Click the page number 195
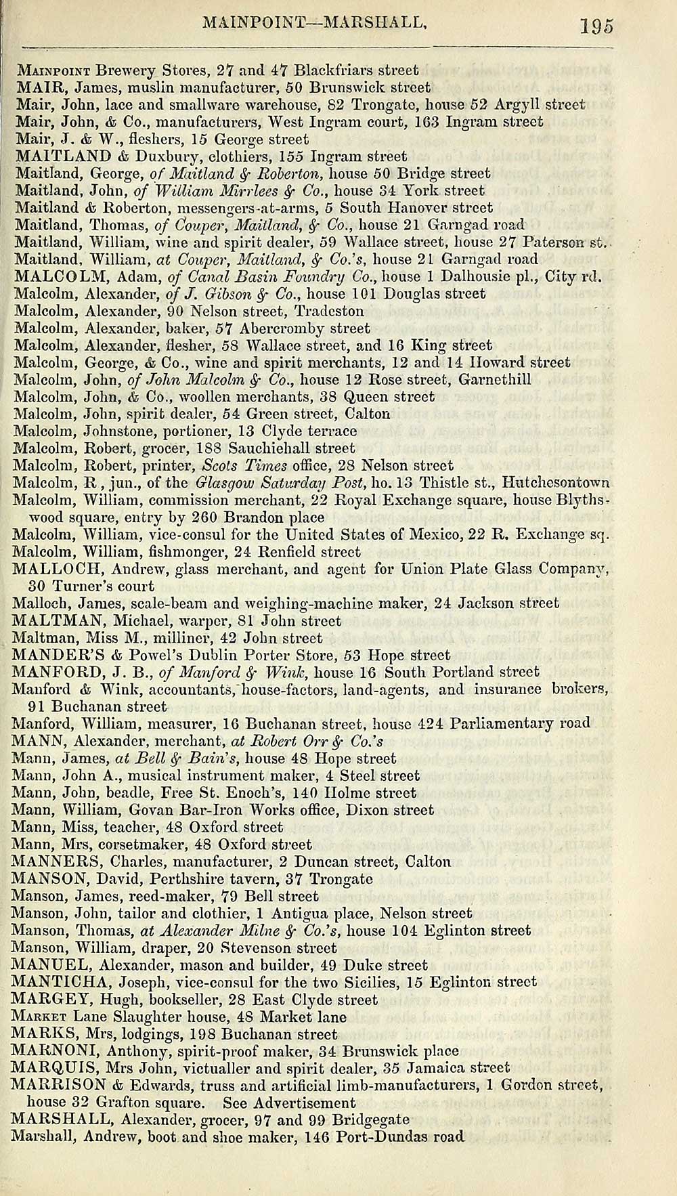(x=596, y=26)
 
